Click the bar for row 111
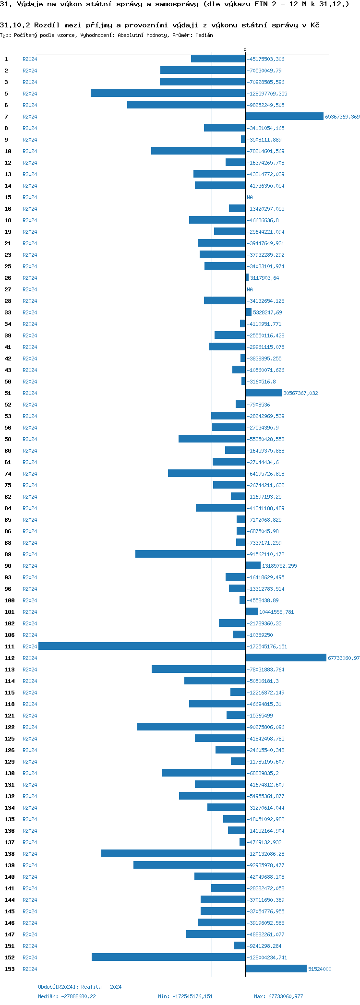tap(142, 646)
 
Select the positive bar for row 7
tap(284, 117)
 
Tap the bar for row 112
tap(286, 658)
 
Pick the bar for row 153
tap(276, 969)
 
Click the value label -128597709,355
tap(267, 94)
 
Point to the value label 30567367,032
tap(300, 393)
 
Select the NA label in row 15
tap(250, 197)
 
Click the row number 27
tap(8, 289)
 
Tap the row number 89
tap(8, 554)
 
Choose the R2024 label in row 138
tap(30, 854)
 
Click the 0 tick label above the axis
tap(245, 50)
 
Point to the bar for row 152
tap(168, 957)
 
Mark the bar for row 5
tap(168, 94)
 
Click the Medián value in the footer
tap(79, 996)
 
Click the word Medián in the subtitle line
tap(204, 35)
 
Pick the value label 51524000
tap(320, 969)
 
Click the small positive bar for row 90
tap(253, 566)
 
